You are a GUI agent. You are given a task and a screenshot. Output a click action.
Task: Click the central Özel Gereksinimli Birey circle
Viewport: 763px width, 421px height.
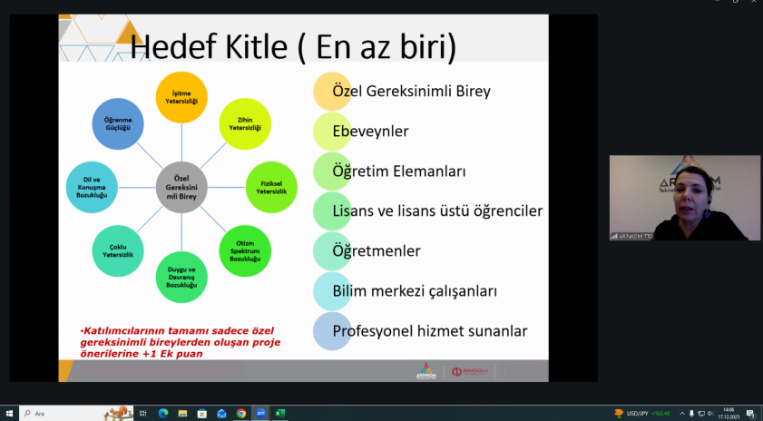182,188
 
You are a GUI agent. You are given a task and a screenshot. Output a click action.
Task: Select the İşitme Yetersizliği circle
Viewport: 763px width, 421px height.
182,97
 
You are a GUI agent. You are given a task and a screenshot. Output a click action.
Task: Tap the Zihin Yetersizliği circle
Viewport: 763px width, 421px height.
245,123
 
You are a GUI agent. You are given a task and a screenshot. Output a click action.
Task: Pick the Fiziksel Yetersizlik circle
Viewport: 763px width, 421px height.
271,187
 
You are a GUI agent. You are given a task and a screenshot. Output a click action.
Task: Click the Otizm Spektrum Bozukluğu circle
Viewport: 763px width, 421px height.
245,250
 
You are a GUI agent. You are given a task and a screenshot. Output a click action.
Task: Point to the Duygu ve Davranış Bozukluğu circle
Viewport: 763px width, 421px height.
181,277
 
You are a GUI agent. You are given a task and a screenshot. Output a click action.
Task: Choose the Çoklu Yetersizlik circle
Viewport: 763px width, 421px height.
118,250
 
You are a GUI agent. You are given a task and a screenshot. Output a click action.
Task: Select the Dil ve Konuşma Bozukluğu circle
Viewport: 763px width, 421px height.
93,188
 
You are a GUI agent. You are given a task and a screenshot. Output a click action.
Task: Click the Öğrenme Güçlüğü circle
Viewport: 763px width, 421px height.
118,124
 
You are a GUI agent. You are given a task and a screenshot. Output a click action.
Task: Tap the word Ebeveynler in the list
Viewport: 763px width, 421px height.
370,132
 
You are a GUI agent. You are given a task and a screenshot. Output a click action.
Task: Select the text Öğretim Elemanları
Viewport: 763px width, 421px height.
399,171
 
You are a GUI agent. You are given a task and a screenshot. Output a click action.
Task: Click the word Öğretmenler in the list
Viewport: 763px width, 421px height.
377,250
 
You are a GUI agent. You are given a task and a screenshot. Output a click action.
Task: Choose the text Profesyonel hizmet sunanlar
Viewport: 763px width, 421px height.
430,331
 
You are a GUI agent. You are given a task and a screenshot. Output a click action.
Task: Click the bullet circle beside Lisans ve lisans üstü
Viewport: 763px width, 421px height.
332,211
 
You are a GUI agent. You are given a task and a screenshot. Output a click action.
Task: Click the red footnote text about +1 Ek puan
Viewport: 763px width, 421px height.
181,342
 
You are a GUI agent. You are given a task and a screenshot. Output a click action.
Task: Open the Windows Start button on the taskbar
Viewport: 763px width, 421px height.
9,414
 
